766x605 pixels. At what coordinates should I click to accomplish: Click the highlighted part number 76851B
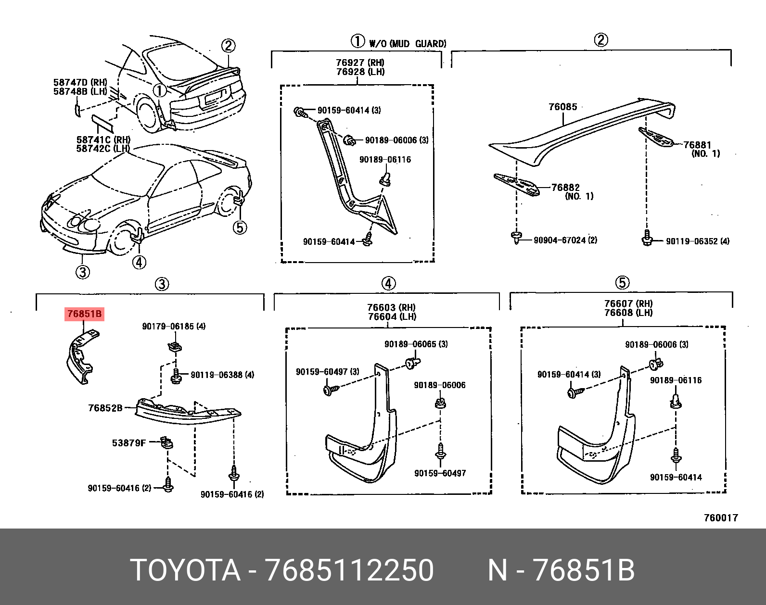point(85,314)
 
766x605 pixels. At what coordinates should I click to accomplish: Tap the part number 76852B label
point(105,408)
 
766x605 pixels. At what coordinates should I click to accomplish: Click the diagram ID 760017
point(720,517)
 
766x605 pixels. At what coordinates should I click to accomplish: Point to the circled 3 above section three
point(162,284)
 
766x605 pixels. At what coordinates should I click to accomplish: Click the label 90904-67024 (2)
point(565,240)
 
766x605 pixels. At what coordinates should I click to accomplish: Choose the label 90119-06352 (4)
point(697,241)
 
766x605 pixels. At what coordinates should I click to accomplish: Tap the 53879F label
point(128,442)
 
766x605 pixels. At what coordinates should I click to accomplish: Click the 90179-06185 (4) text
point(174,326)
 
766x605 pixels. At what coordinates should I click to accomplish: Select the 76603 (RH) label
point(391,307)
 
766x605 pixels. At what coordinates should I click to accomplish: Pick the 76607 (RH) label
point(628,303)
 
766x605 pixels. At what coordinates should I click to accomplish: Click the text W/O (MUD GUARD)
point(407,44)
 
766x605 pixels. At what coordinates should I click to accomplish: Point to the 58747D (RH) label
point(80,82)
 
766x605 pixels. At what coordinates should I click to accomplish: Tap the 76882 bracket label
point(565,187)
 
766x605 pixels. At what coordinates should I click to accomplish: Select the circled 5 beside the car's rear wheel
point(240,227)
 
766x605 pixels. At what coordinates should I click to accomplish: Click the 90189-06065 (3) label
point(416,344)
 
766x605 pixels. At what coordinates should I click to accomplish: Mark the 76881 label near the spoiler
point(697,145)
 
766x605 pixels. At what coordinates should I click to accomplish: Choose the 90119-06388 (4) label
point(222,375)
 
